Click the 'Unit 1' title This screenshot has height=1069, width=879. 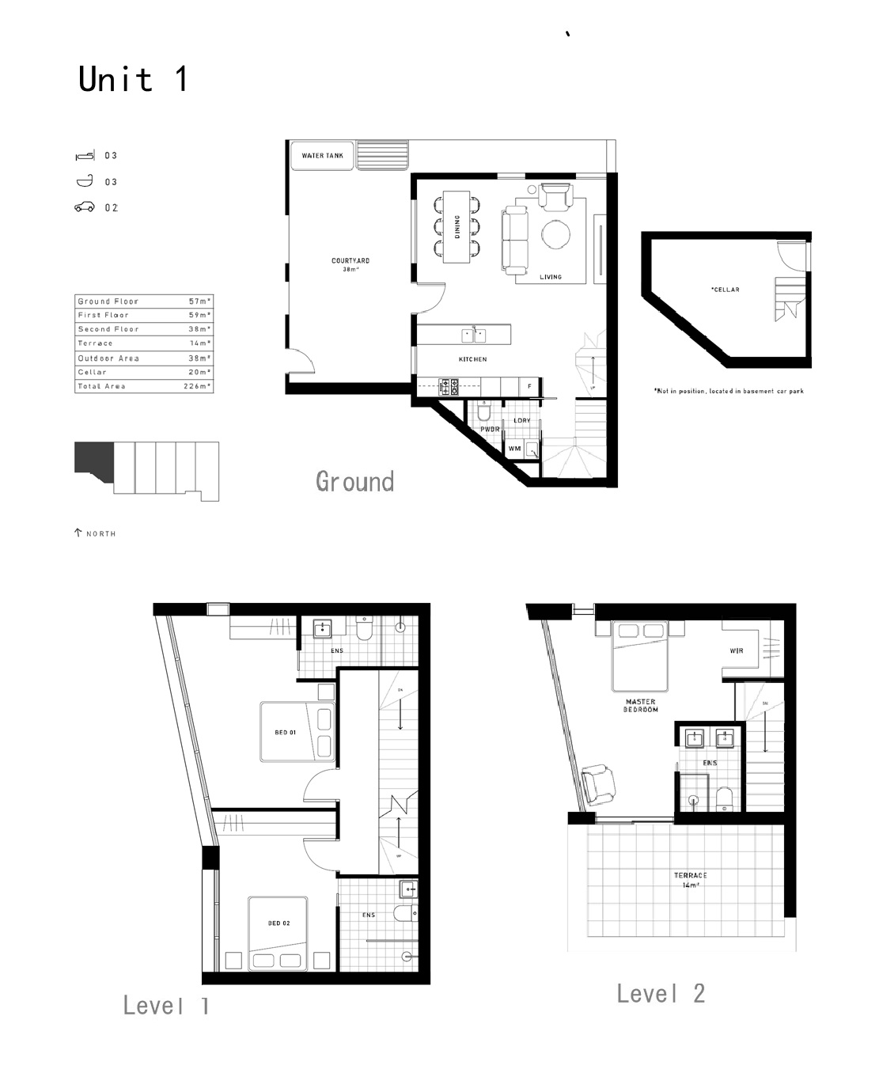pyautogui.click(x=133, y=80)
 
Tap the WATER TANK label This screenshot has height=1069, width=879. pyautogui.click(x=323, y=156)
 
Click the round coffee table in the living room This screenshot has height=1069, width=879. pyautogui.click(x=555, y=233)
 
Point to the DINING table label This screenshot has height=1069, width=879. pyautogui.click(x=457, y=227)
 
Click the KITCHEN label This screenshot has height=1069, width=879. pyautogui.click(x=473, y=359)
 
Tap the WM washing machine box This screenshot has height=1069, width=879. pyautogui.click(x=515, y=449)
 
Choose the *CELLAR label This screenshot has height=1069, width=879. pyautogui.click(x=725, y=290)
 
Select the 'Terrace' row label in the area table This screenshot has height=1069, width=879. pyautogui.click(x=96, y=343)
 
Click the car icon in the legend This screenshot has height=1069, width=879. pyautogui.click(x=85, y=208)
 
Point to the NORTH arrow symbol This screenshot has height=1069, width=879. pyautogui.click(x=78, y=533)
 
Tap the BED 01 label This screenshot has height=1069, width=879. pyautogui.click(x=286, y=733)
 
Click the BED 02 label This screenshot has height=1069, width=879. pyautogui.click(x=279, y=923)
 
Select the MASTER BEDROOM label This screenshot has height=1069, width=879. pyautogui.click(x=641, y=706)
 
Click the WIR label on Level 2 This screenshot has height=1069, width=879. pyautogui.click(x=737, y=651)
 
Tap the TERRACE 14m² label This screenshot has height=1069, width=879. pyautogui.click(x=691, y=880)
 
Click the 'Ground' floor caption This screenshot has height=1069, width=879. pyautogui.click(x=354, y=481)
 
